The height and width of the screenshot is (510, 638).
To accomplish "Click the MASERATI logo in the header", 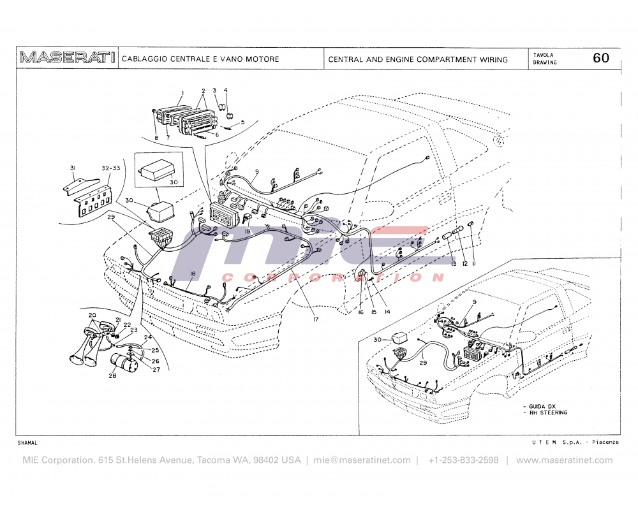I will point(67,59).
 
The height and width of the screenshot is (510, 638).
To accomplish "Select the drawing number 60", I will point(601,58).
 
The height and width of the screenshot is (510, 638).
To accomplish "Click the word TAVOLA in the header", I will point(544,55).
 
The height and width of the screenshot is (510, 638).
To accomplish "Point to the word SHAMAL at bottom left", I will point(27,442).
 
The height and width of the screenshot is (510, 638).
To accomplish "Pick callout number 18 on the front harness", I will point(191,273).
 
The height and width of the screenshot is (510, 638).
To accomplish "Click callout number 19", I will point(246,232).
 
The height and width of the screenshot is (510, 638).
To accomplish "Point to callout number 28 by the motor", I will point(112,376).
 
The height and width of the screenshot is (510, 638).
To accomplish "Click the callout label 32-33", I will point(110,169).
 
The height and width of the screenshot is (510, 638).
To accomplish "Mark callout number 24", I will point(147,337).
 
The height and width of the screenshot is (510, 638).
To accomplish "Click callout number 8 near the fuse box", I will point(156,137).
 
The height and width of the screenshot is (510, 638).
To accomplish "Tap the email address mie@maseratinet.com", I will point(362,460).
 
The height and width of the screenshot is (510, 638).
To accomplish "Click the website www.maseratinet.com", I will point(564,460).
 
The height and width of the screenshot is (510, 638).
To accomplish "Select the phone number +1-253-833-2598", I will point(463,460).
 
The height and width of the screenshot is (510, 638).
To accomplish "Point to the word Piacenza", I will point(605,442).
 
